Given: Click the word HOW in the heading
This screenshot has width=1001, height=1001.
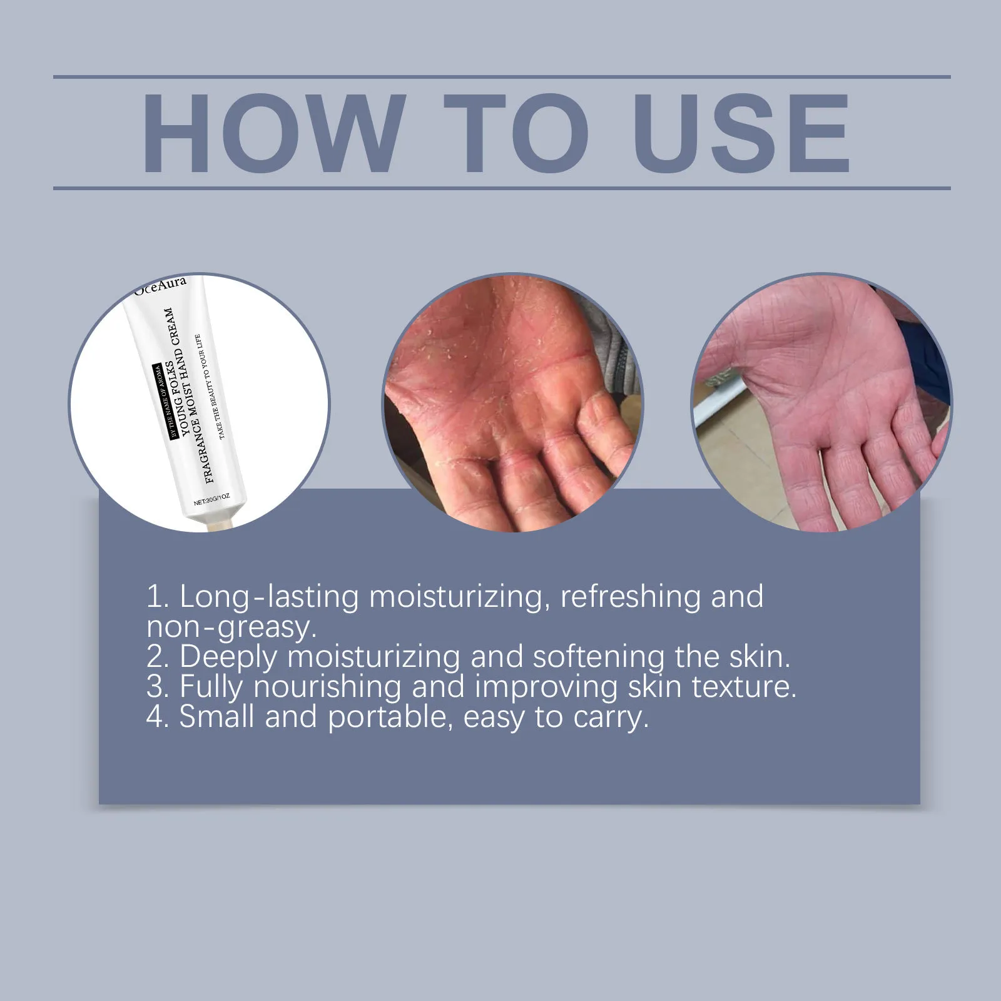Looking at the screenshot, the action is (x=270, y=133).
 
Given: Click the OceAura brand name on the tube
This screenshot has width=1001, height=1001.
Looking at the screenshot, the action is (x=160, y=285).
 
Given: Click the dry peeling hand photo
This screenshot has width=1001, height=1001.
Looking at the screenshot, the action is (x=512, y=402).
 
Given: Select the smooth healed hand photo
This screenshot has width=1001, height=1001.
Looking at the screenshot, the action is (x=821, y=402).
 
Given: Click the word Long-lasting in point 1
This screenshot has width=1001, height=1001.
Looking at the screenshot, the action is (x=269, y=597).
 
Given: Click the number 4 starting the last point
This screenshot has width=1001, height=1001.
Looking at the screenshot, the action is (x=155, y=717).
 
